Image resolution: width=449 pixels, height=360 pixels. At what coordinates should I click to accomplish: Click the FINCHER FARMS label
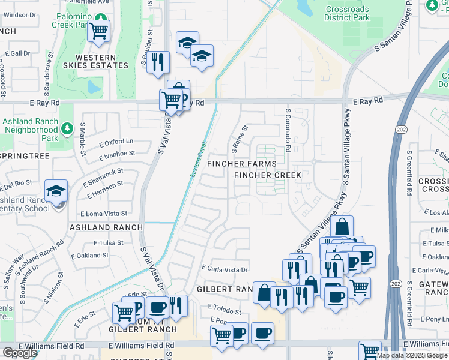point(242,164)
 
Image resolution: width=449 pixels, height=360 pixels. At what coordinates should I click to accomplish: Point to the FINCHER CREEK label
point(267,175)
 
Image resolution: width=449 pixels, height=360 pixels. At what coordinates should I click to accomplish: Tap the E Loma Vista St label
point(104,213)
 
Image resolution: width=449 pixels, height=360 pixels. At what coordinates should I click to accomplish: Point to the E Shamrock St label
point(102,174)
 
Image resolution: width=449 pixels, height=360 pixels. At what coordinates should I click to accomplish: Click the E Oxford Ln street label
point(115,142)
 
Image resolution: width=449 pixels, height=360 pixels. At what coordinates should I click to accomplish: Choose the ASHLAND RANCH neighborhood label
point(106,227)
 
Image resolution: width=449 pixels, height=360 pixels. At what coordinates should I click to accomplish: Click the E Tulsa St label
point(109,243)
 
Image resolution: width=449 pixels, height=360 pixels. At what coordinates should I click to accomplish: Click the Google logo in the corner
point(20,353)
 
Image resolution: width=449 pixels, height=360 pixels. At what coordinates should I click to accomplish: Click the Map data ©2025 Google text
point(411,355)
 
